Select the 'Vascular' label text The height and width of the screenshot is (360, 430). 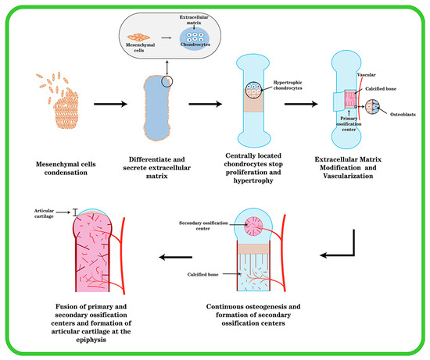tap(367, 73)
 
